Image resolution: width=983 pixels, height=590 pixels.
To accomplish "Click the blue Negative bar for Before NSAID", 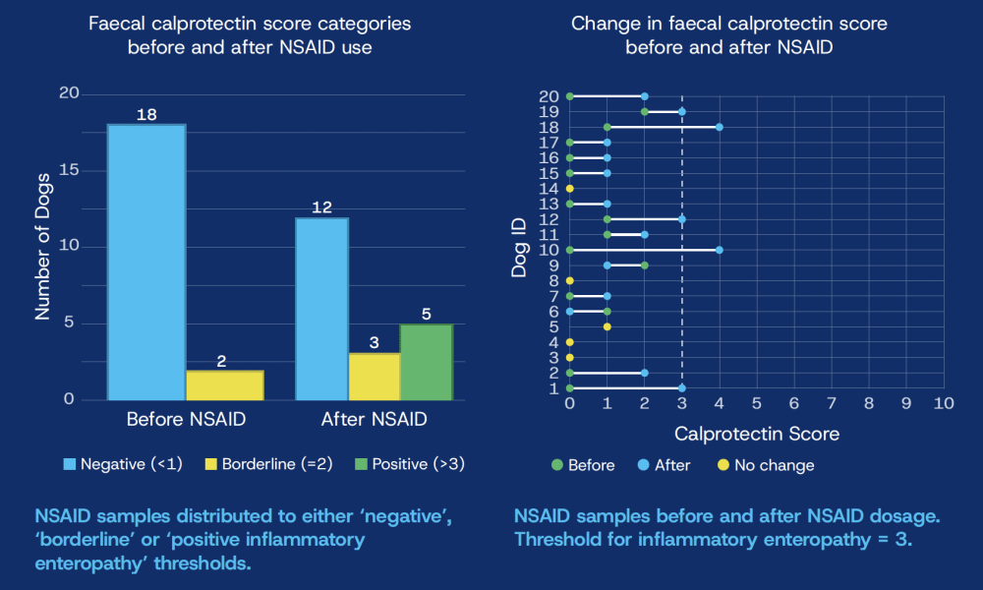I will [146, 262].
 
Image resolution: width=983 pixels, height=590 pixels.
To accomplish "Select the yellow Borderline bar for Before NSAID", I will [225, 385].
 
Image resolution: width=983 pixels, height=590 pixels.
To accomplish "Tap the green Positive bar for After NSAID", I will [426, 362].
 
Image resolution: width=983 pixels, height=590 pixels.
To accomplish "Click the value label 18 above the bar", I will [146, 115].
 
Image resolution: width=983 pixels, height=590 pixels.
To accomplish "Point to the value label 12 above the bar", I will [320, 208].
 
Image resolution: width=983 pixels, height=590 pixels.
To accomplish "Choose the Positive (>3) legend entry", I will [411, 463].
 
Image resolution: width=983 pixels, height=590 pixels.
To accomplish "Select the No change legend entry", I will [771, 465].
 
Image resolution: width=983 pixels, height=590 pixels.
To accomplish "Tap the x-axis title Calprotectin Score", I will [756, 433].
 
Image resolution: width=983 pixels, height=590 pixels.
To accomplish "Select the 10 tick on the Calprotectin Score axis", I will [944, 403].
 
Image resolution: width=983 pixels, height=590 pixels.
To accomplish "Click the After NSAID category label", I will [374, 419].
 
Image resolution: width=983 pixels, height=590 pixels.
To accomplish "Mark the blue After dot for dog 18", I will [720, 127].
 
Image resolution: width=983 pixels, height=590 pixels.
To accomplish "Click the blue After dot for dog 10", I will [720, 250].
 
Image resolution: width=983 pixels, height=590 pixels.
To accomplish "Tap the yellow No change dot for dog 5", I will [607, 326].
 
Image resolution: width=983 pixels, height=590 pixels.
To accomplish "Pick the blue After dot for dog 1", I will [682, 388].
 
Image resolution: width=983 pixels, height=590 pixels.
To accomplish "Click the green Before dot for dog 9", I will [645, 265].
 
